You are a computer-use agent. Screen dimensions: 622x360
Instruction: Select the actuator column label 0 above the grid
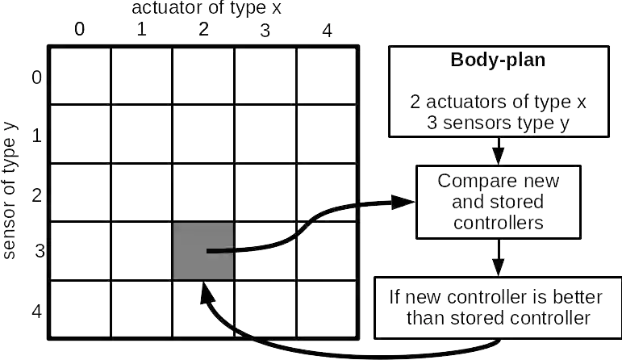(x=78, y=31)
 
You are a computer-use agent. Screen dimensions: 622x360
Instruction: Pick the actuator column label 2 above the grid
(x=203, y=31)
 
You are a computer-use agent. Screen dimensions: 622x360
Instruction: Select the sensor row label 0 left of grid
(x=37, y=77)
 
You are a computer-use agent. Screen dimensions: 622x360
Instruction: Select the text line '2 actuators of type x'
(x=498, y=103)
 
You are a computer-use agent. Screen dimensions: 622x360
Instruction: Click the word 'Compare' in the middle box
(x=466, y=179)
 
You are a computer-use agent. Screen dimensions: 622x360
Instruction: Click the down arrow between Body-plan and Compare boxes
(x=499, y=150)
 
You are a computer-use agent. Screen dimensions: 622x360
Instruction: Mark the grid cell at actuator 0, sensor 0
(x=78, y=77)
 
